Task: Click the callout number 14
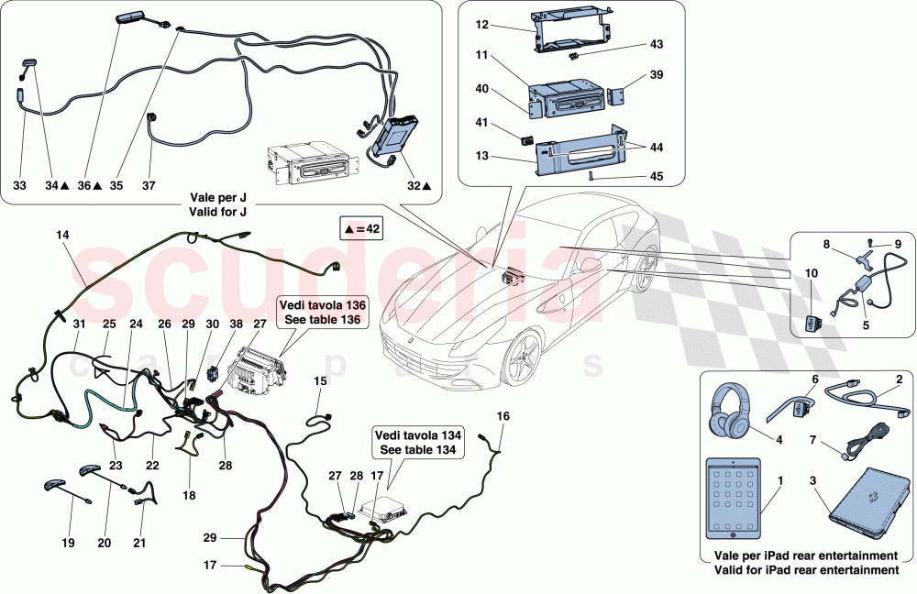coord(62,236)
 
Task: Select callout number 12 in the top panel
coord(481,27)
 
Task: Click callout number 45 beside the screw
coord(657,176)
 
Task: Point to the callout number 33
coord(19,185)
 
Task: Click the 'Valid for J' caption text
coord(218,211)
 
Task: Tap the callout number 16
coord(503,415)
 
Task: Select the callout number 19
coord(69,544)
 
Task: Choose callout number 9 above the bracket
coord(898,243)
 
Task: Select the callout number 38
coord(237,324)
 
